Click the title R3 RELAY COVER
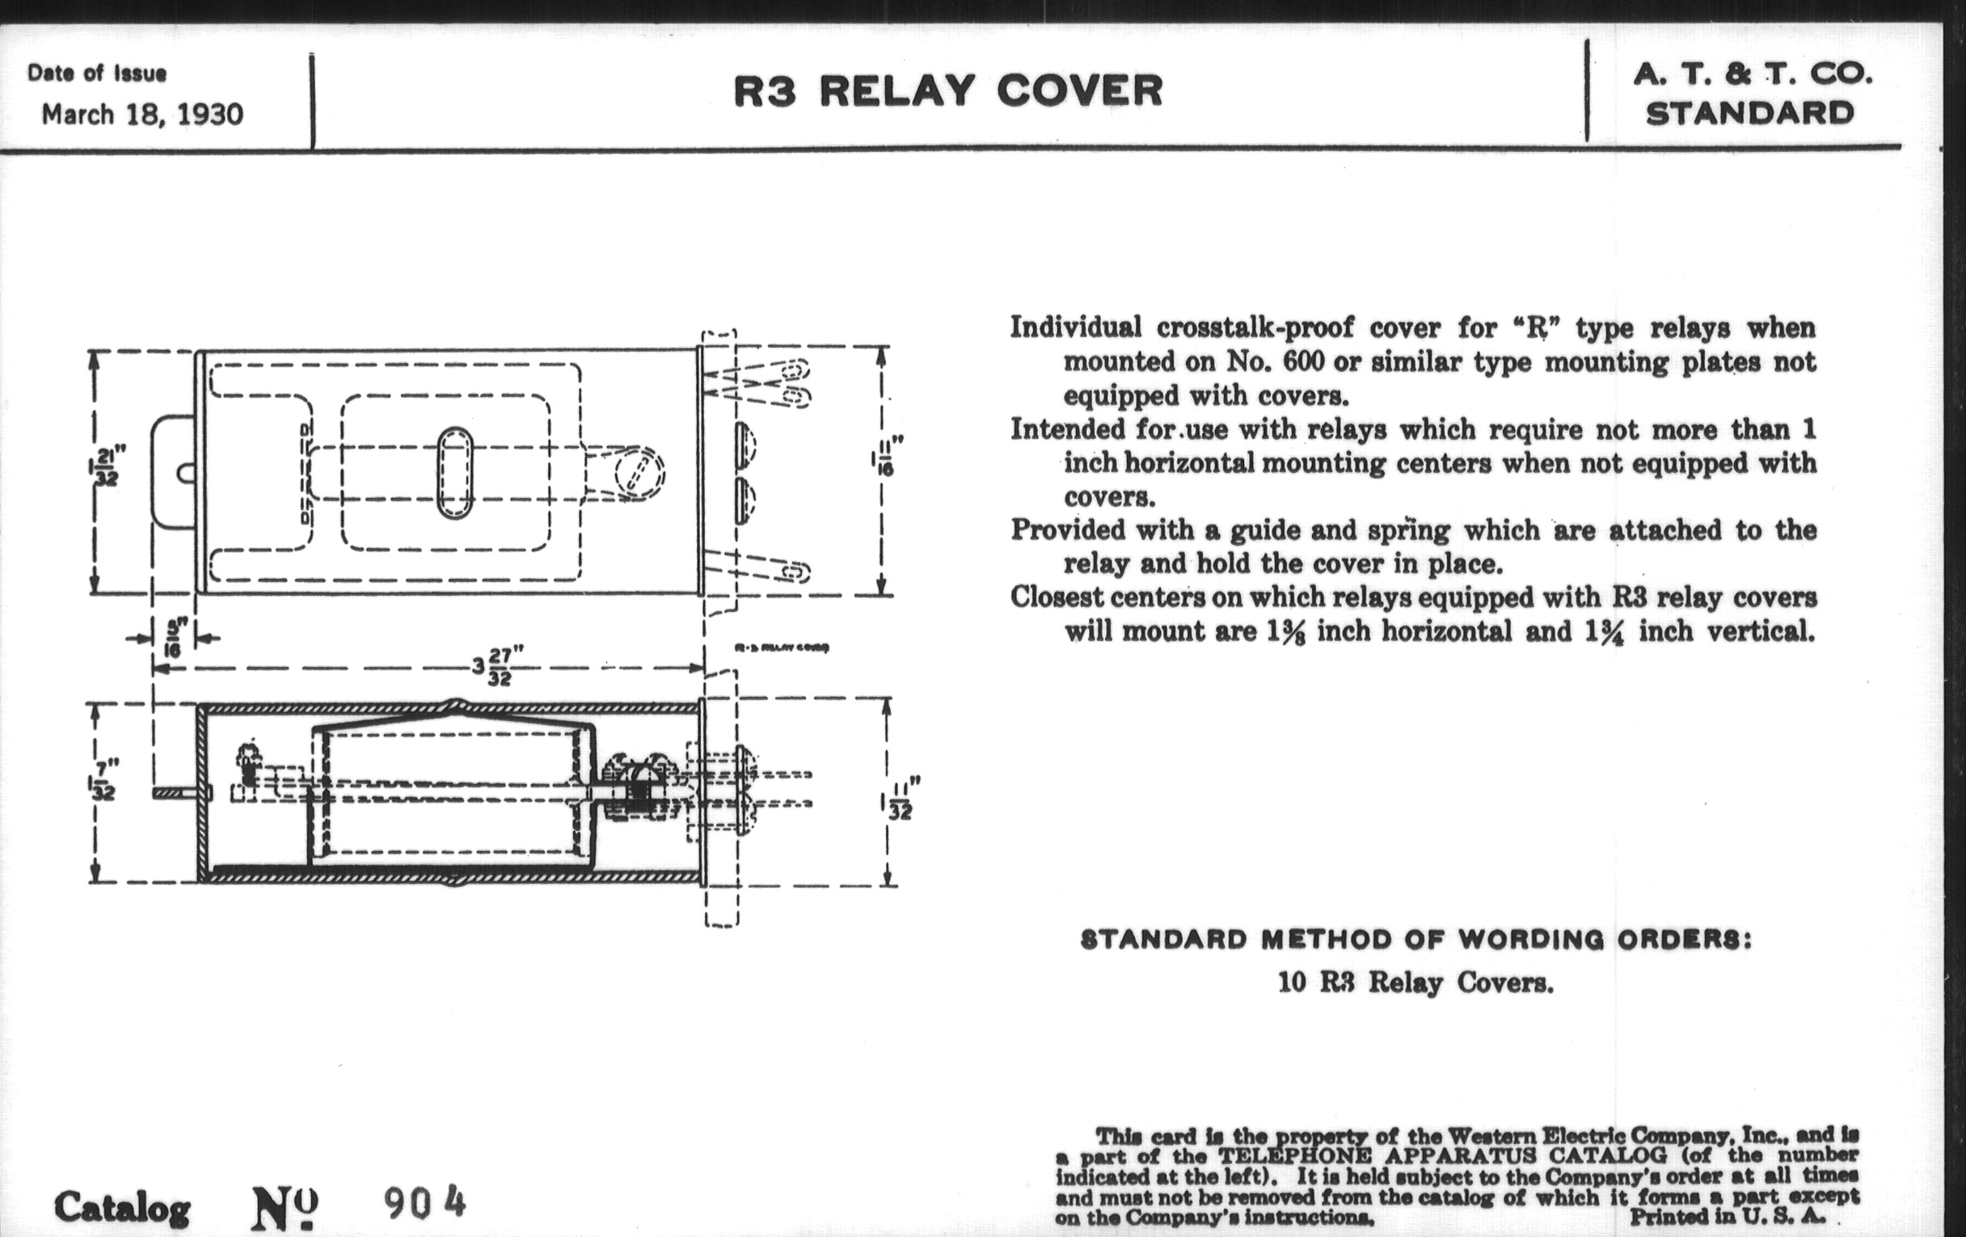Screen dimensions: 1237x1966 948,91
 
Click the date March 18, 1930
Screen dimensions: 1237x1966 142,114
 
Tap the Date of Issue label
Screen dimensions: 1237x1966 96,74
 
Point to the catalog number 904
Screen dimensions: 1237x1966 424,1203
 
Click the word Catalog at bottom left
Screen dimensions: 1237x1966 122,1208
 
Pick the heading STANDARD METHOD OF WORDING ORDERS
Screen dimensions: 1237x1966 1415,939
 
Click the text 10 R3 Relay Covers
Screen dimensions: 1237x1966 1415,982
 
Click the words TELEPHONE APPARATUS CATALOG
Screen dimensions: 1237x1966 1442,1155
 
